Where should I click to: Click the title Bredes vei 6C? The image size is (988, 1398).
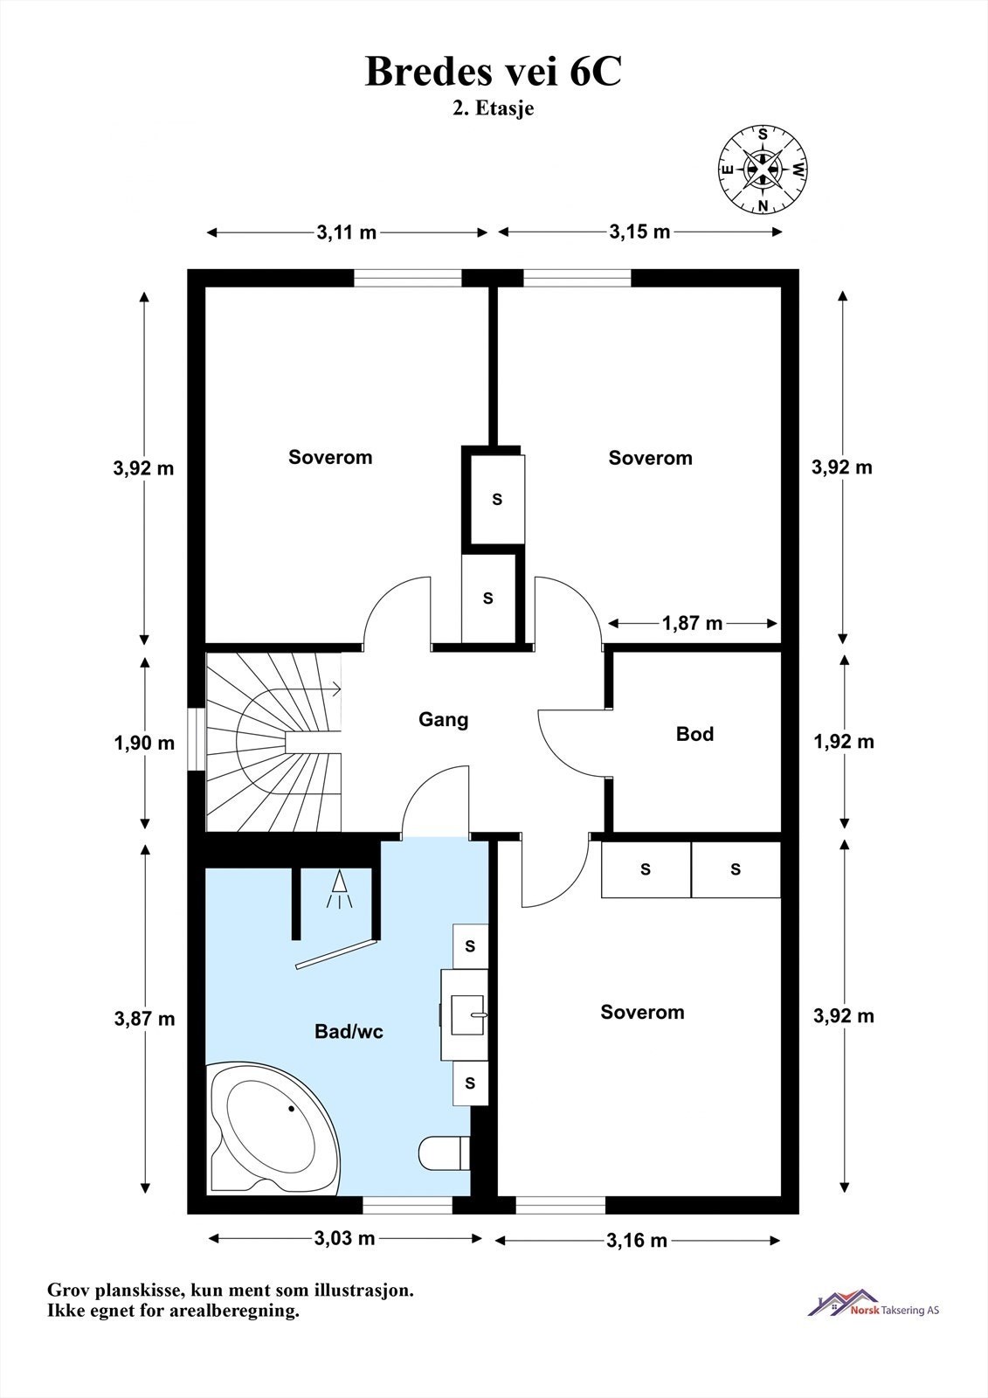(x=493, y=72)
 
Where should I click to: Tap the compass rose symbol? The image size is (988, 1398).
(x=762, y=170)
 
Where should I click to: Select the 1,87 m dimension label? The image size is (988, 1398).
(x=692, y=623)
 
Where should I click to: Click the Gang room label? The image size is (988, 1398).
(x=443, y=720)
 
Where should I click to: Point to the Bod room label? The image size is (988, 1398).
(x=694, y=733)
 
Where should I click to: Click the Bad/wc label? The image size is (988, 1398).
(x=349, y=1032)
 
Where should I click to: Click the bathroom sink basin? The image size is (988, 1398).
(x=468, y=1014)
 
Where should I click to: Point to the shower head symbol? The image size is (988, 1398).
(x=339, y=887)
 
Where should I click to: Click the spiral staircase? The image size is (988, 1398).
(x=274, y=742)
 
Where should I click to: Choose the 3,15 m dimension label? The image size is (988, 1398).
(x=639, y=232)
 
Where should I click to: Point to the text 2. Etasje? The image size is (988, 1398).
(x=493, y=108)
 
